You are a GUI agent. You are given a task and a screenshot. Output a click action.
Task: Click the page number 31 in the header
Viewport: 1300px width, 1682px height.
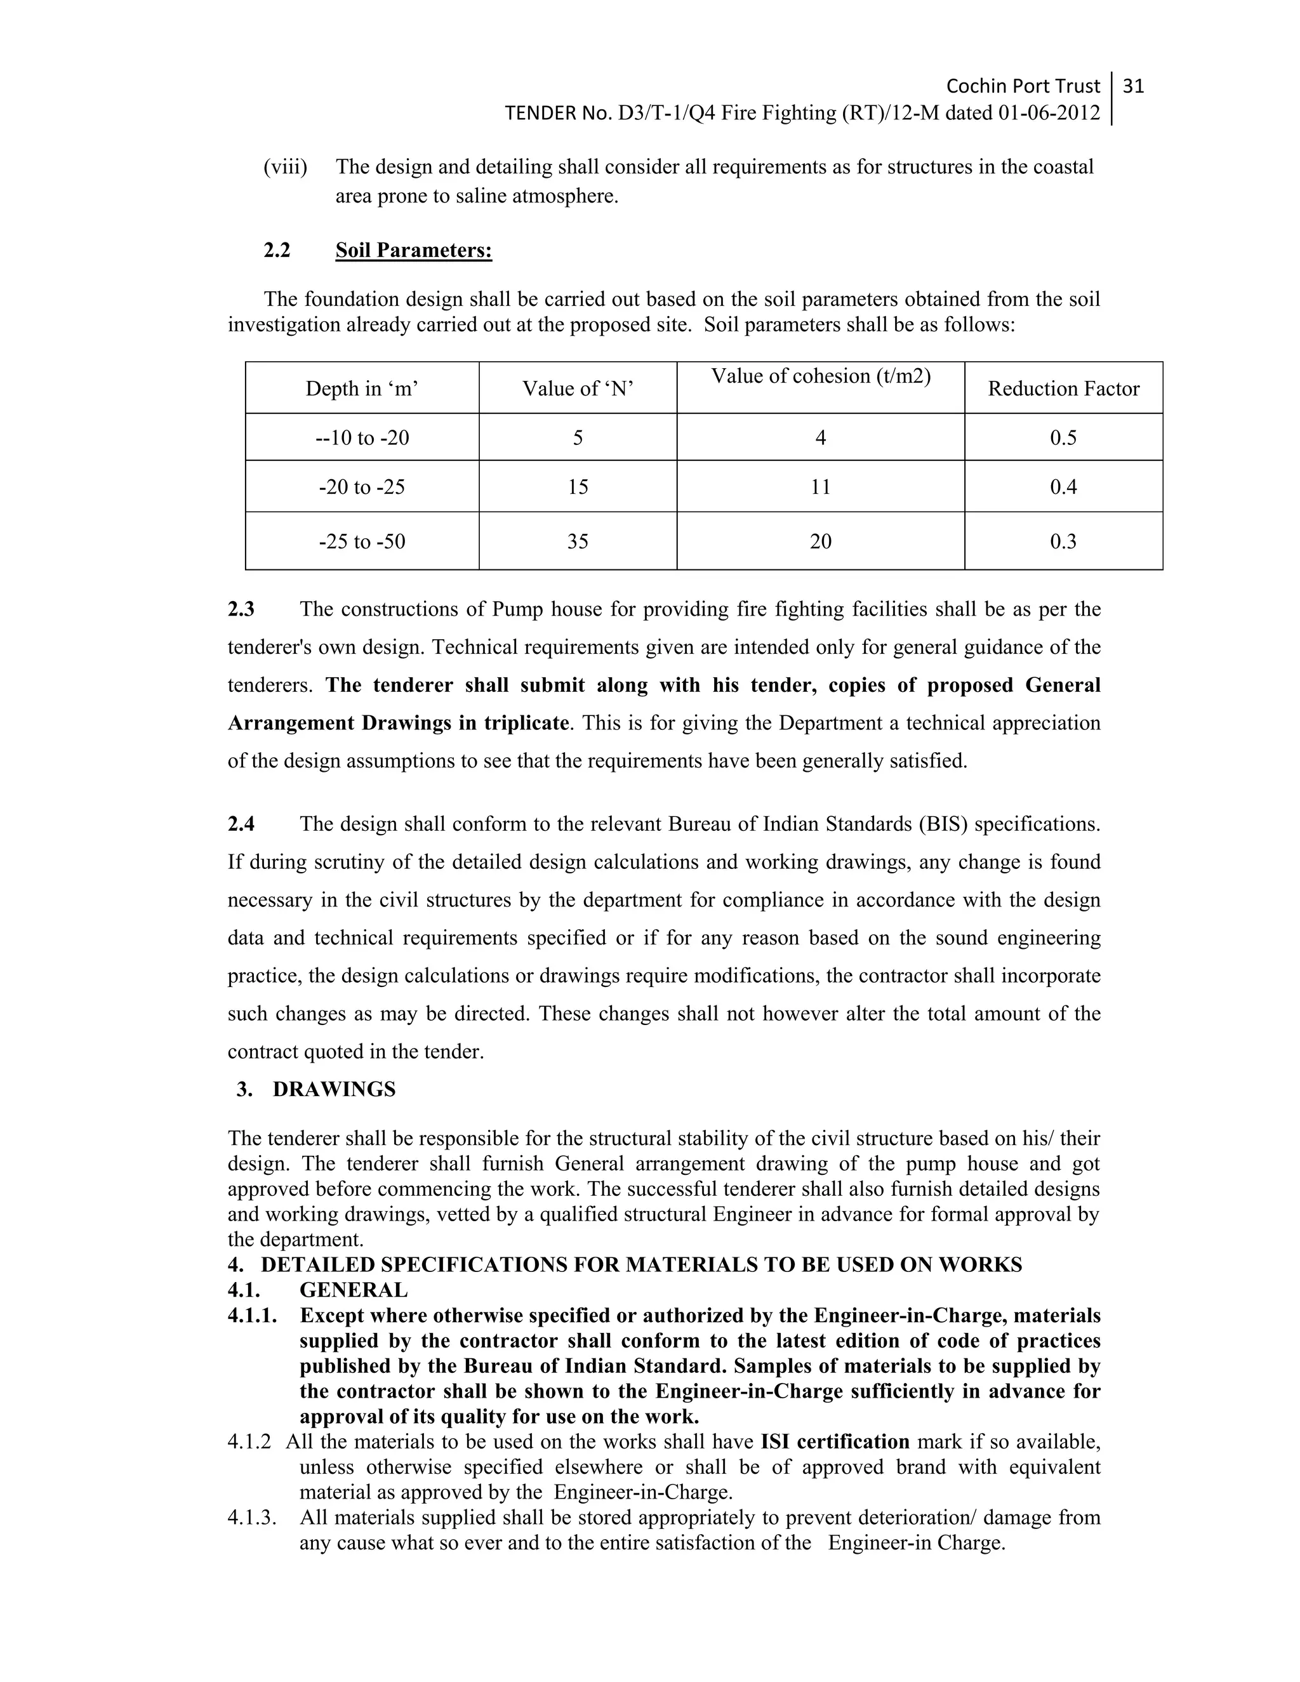1133,86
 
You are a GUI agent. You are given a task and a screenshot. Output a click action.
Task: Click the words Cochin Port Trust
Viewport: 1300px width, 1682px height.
1022,86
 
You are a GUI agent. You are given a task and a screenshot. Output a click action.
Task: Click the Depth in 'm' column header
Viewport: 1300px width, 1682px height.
361,388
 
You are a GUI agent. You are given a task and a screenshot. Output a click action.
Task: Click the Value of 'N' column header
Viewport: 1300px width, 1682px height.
578,388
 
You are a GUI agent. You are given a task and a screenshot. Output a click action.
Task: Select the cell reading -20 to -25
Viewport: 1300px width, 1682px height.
361,487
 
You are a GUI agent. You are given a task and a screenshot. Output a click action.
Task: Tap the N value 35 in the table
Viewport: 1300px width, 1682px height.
578,541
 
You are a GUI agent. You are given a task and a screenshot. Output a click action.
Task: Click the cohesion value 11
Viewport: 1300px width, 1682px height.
820,487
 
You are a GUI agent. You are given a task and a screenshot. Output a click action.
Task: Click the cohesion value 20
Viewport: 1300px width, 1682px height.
820,541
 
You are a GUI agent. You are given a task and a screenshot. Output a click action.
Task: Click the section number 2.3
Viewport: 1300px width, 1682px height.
241,609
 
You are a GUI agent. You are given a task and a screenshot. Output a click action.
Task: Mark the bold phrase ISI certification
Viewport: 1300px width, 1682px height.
835,1441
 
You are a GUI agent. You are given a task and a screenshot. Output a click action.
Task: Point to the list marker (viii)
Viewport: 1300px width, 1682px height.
285,167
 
